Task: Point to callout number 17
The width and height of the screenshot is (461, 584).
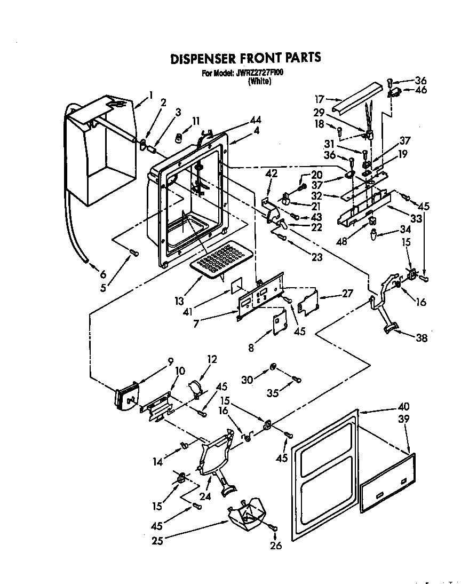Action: [x=319, y=99]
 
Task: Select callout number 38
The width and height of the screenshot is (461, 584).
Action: [x=422, y=337]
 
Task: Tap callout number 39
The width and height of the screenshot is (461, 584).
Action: [x=404, y=419]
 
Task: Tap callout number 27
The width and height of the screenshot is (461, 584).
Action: [x=348, y=293]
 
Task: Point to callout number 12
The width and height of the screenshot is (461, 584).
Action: [x=212, y=360]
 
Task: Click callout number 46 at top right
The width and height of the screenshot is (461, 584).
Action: [x=421, y=91]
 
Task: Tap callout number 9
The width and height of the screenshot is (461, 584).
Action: [x=171, y=360]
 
